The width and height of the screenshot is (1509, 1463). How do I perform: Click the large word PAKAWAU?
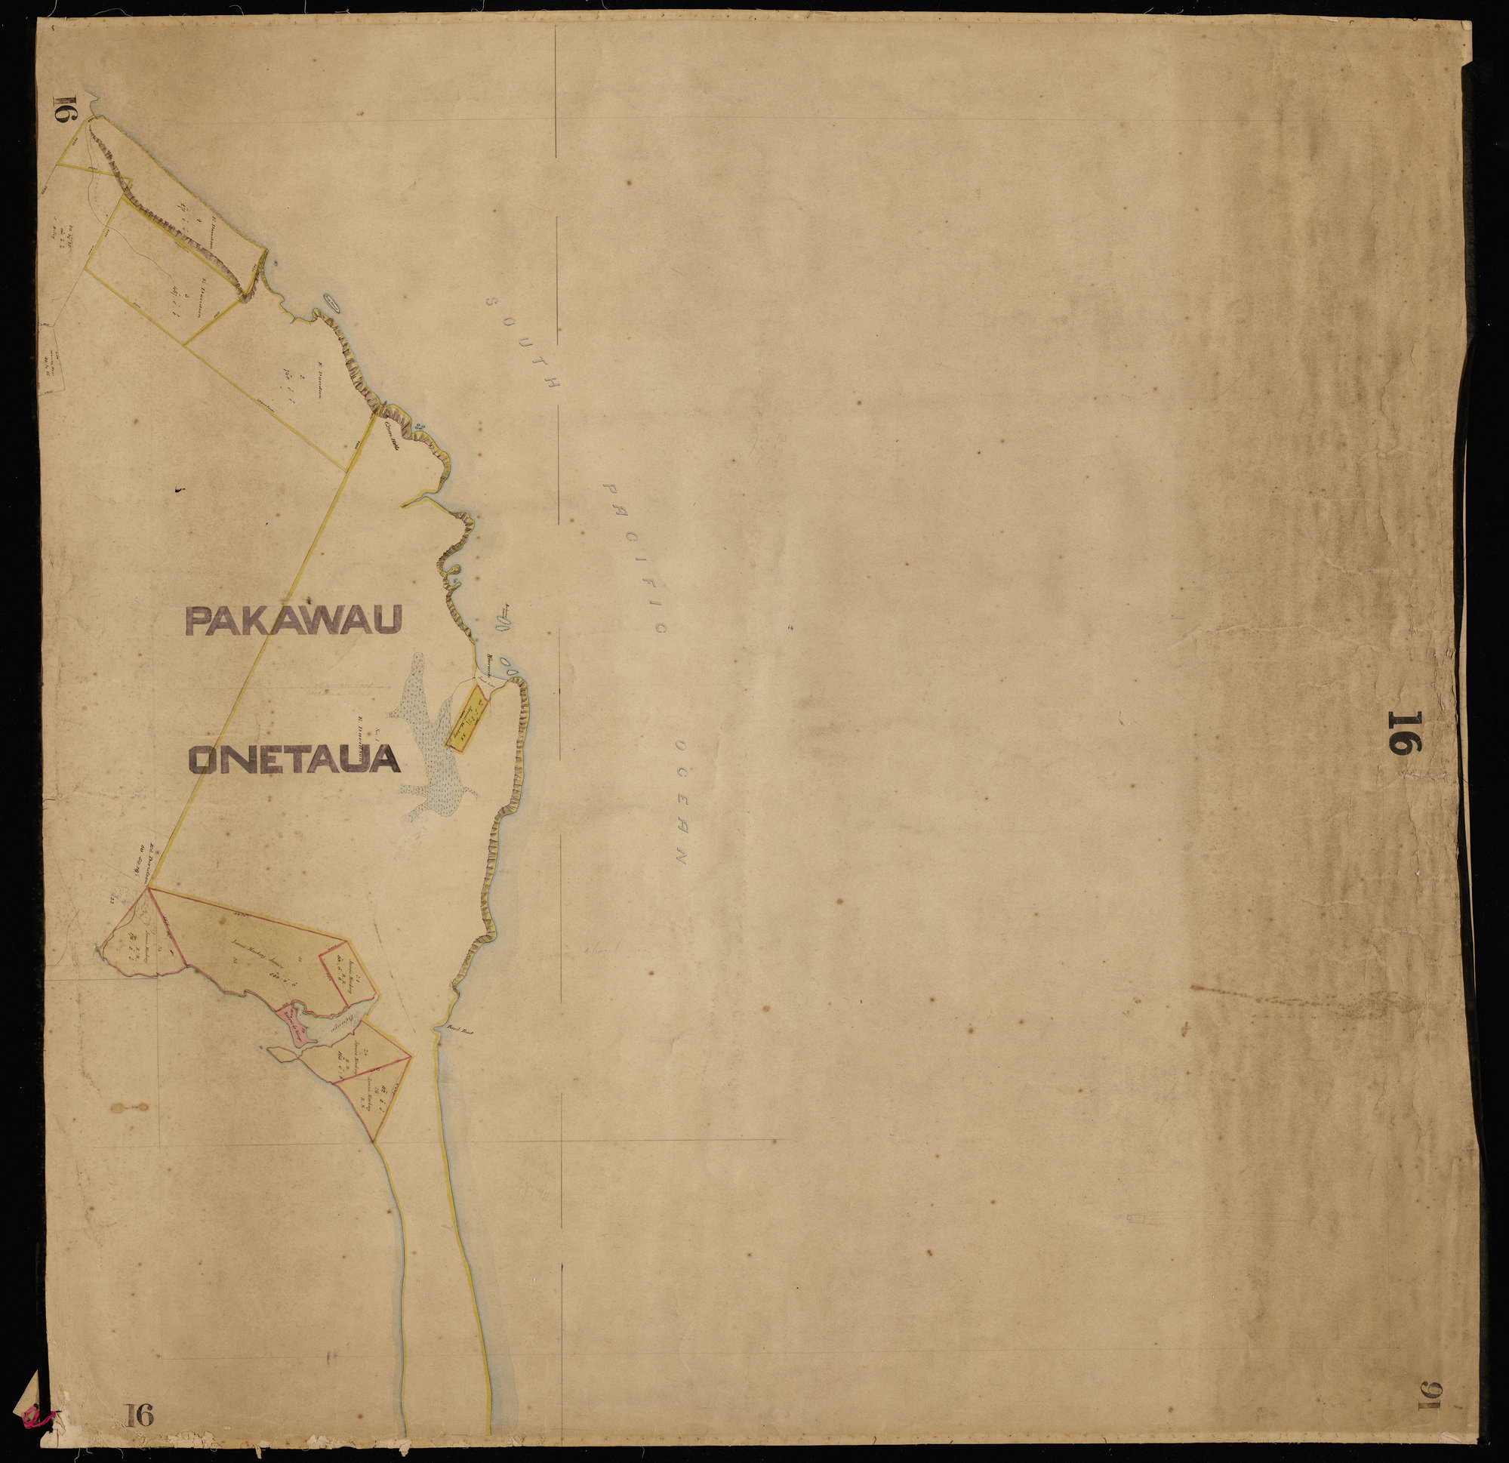(x=294, y=620)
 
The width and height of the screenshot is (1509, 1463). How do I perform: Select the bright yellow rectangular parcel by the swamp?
(x=467, y=721)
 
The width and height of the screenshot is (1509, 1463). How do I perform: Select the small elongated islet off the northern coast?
(x=333, y=302)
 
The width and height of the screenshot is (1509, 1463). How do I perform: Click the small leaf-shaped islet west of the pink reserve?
(x=282, y=1052)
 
